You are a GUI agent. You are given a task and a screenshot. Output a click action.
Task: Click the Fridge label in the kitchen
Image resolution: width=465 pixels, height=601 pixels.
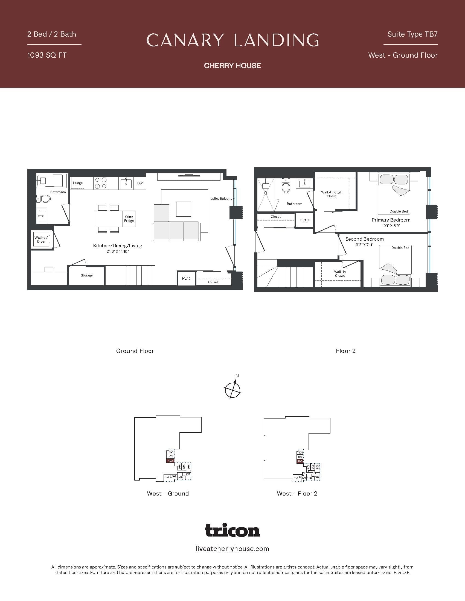tap(78, 183)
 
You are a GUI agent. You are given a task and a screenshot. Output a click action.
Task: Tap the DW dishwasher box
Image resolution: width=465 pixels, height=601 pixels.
tap(140, 183)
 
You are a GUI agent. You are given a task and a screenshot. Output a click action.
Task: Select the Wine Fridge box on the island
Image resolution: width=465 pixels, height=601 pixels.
tap(129, 219)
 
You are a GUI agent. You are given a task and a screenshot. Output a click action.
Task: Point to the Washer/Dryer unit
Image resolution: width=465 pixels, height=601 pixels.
tap(41, 239)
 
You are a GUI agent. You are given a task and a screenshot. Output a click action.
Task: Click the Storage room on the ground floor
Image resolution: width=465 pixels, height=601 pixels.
tap(86, 275)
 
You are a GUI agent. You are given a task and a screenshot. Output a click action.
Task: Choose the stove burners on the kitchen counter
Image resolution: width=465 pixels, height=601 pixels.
tap(101, 183)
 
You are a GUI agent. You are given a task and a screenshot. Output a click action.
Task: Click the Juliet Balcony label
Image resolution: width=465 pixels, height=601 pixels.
tap(221, 199)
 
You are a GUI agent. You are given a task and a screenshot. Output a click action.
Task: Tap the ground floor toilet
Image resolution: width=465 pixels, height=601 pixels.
tap(44, 198)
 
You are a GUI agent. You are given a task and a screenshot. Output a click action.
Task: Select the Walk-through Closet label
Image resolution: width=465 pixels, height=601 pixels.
tap(332, 194)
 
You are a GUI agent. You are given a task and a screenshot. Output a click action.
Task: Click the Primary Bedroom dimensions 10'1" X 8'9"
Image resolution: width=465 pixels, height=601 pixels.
tap(391, 226)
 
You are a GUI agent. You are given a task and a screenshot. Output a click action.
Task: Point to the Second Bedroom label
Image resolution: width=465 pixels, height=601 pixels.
tap(364, 239)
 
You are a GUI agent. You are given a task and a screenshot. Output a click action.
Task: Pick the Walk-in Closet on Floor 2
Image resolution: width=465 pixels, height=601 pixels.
tap(340, 273)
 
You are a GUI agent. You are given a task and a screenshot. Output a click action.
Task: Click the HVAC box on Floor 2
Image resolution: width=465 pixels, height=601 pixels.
tap(304, 220)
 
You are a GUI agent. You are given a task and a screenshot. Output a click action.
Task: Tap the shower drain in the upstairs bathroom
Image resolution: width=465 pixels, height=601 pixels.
tap(266, 193)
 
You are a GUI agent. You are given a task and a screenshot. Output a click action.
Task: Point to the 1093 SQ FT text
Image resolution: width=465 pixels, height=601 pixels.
tap(47, 55)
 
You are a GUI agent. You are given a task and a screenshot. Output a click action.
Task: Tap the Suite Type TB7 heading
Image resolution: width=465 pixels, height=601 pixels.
tap(412, 34)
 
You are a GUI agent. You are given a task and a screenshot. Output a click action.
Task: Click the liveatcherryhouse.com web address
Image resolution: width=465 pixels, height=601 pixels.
tap(232, 549)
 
